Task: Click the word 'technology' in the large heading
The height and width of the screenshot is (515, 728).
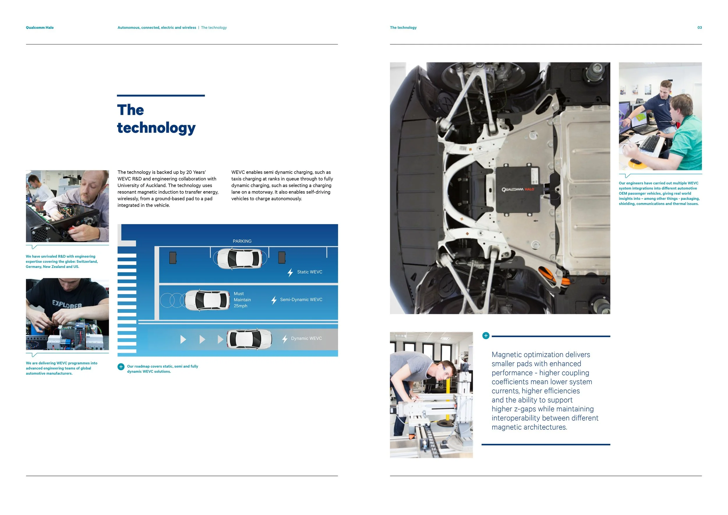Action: (156, 128)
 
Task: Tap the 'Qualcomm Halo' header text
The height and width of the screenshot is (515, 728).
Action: (40, 28)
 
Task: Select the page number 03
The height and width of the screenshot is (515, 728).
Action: (699, 28)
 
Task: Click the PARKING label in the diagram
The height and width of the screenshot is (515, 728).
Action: (242, 241)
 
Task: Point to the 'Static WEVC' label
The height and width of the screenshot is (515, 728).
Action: (309, 272)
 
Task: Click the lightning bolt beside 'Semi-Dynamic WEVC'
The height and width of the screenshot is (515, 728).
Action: (274, 300)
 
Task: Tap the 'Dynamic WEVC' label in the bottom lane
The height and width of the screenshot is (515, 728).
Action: (306, 339)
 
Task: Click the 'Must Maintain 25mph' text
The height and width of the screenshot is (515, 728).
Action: (242, 300)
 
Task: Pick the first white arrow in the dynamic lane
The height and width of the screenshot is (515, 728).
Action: (183, 340)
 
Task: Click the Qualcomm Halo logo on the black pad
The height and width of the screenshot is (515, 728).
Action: (518, 190)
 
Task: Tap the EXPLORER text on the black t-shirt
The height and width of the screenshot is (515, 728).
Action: (67, 304)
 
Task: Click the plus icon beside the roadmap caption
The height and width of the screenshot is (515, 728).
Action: (121, 367)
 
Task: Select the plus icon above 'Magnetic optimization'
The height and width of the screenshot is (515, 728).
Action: (485, 336)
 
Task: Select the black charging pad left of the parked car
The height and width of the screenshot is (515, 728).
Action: (173, 258)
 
